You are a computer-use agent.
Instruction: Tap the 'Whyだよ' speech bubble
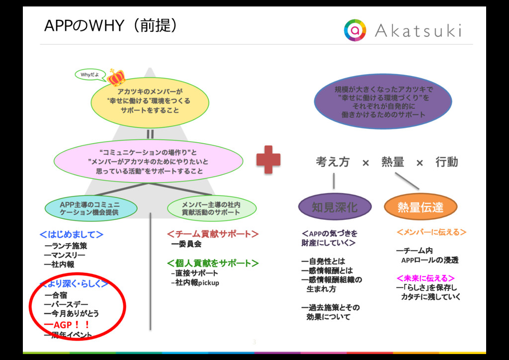[90, 75]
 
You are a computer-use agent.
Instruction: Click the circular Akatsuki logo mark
[355, 30]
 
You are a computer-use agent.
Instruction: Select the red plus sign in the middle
[268, 160]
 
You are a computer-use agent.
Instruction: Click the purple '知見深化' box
[334, 207]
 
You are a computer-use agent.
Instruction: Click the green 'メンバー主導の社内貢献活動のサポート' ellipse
[211, 208]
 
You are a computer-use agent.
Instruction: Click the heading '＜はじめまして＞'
[72, 234]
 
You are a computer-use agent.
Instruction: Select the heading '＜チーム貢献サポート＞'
[213, 234]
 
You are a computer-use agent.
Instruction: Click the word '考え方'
[333, 162]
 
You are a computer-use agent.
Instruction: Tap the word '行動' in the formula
[446, 162]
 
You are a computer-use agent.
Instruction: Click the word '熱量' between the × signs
[393, 162]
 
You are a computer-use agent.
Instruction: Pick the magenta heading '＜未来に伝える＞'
[425, 277]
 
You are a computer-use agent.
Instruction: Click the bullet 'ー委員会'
[186, 244]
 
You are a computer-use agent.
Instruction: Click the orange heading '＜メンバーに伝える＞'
[431, 232]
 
